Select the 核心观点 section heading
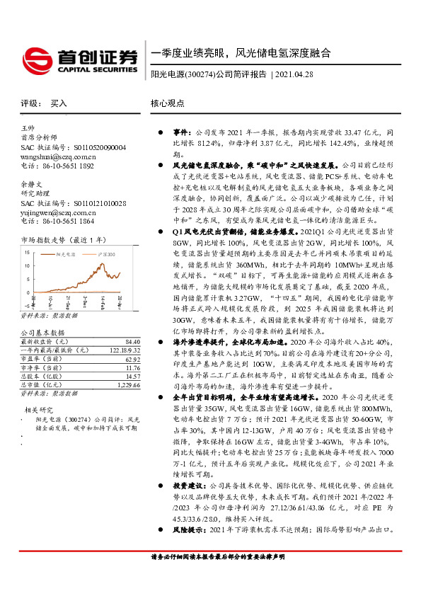click(x=168, y=103)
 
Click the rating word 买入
click(x=59, y=103)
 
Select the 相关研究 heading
click(x=38, y=410)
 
